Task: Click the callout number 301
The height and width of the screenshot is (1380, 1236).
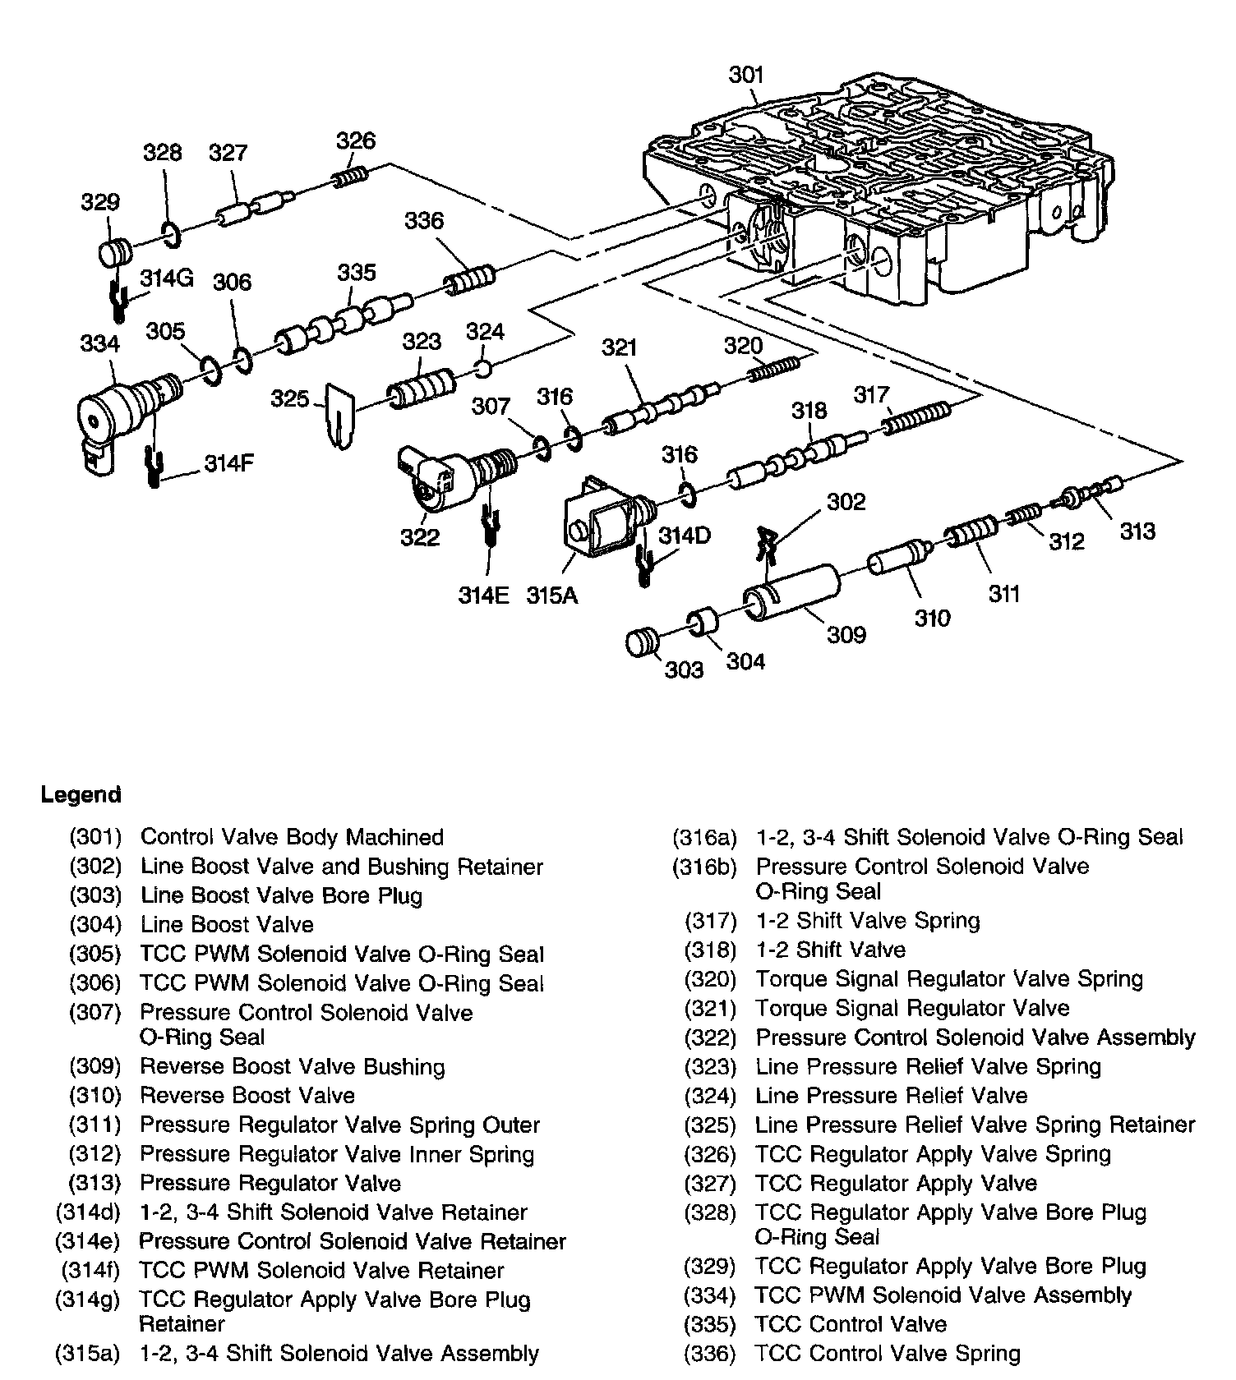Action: point(746,76)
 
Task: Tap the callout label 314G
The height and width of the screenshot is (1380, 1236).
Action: point(166,278)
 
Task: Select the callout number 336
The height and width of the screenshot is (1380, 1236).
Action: point(424,221)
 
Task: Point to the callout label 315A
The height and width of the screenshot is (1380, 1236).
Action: point(552,595)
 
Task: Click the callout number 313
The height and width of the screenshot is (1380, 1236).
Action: point(1137,531)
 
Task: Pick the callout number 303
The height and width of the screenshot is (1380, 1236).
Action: point(685,669)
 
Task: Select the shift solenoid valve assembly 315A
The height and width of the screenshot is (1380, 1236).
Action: point(600,522)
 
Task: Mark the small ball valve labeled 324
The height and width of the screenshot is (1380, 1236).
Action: point(484,368)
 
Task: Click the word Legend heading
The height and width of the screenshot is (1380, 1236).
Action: point(81,794)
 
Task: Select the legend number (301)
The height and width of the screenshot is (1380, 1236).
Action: point(95,837)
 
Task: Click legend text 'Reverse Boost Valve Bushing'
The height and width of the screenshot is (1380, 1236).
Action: point(292,1066)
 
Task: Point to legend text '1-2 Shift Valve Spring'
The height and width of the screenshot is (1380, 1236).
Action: point(867,920)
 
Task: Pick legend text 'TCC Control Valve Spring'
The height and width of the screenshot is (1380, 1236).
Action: point(888,1353)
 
